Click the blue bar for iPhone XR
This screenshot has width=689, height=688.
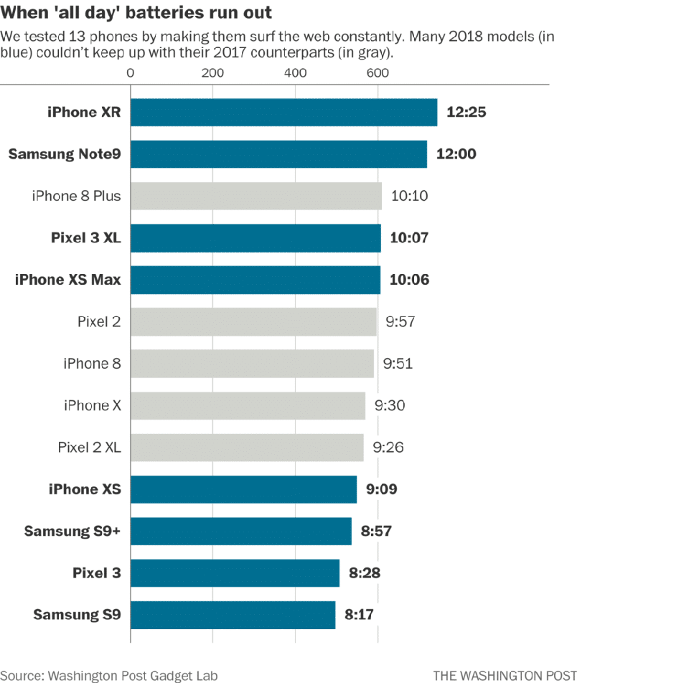tap(284, 113)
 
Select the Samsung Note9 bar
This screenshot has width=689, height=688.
tap(278, 154)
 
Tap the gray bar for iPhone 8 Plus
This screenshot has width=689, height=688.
tap(256, 196)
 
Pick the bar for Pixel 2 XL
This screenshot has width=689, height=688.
tap(247, 448)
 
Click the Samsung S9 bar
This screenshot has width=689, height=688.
tap(233, 615)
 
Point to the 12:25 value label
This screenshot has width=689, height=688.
tap(467, 112)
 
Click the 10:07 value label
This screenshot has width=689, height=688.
tap(409, 237)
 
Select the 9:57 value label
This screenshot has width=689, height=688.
tap(400, 321)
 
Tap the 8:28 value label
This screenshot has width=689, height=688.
tap(365, 573)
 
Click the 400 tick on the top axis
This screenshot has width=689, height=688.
tap(295, 73)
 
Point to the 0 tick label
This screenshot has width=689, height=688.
tap(131, 73)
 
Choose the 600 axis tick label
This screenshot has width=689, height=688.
tap(378, 73)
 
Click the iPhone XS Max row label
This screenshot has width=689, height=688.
tap(67, 279)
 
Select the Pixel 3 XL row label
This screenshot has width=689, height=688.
tap(86, 237)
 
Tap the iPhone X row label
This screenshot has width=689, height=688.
tap(93, 405)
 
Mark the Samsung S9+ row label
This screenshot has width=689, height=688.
tap(72, 531)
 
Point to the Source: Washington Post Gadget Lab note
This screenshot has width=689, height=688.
tap(109, 676)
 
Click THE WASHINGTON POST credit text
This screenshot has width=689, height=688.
tap(505, 676)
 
